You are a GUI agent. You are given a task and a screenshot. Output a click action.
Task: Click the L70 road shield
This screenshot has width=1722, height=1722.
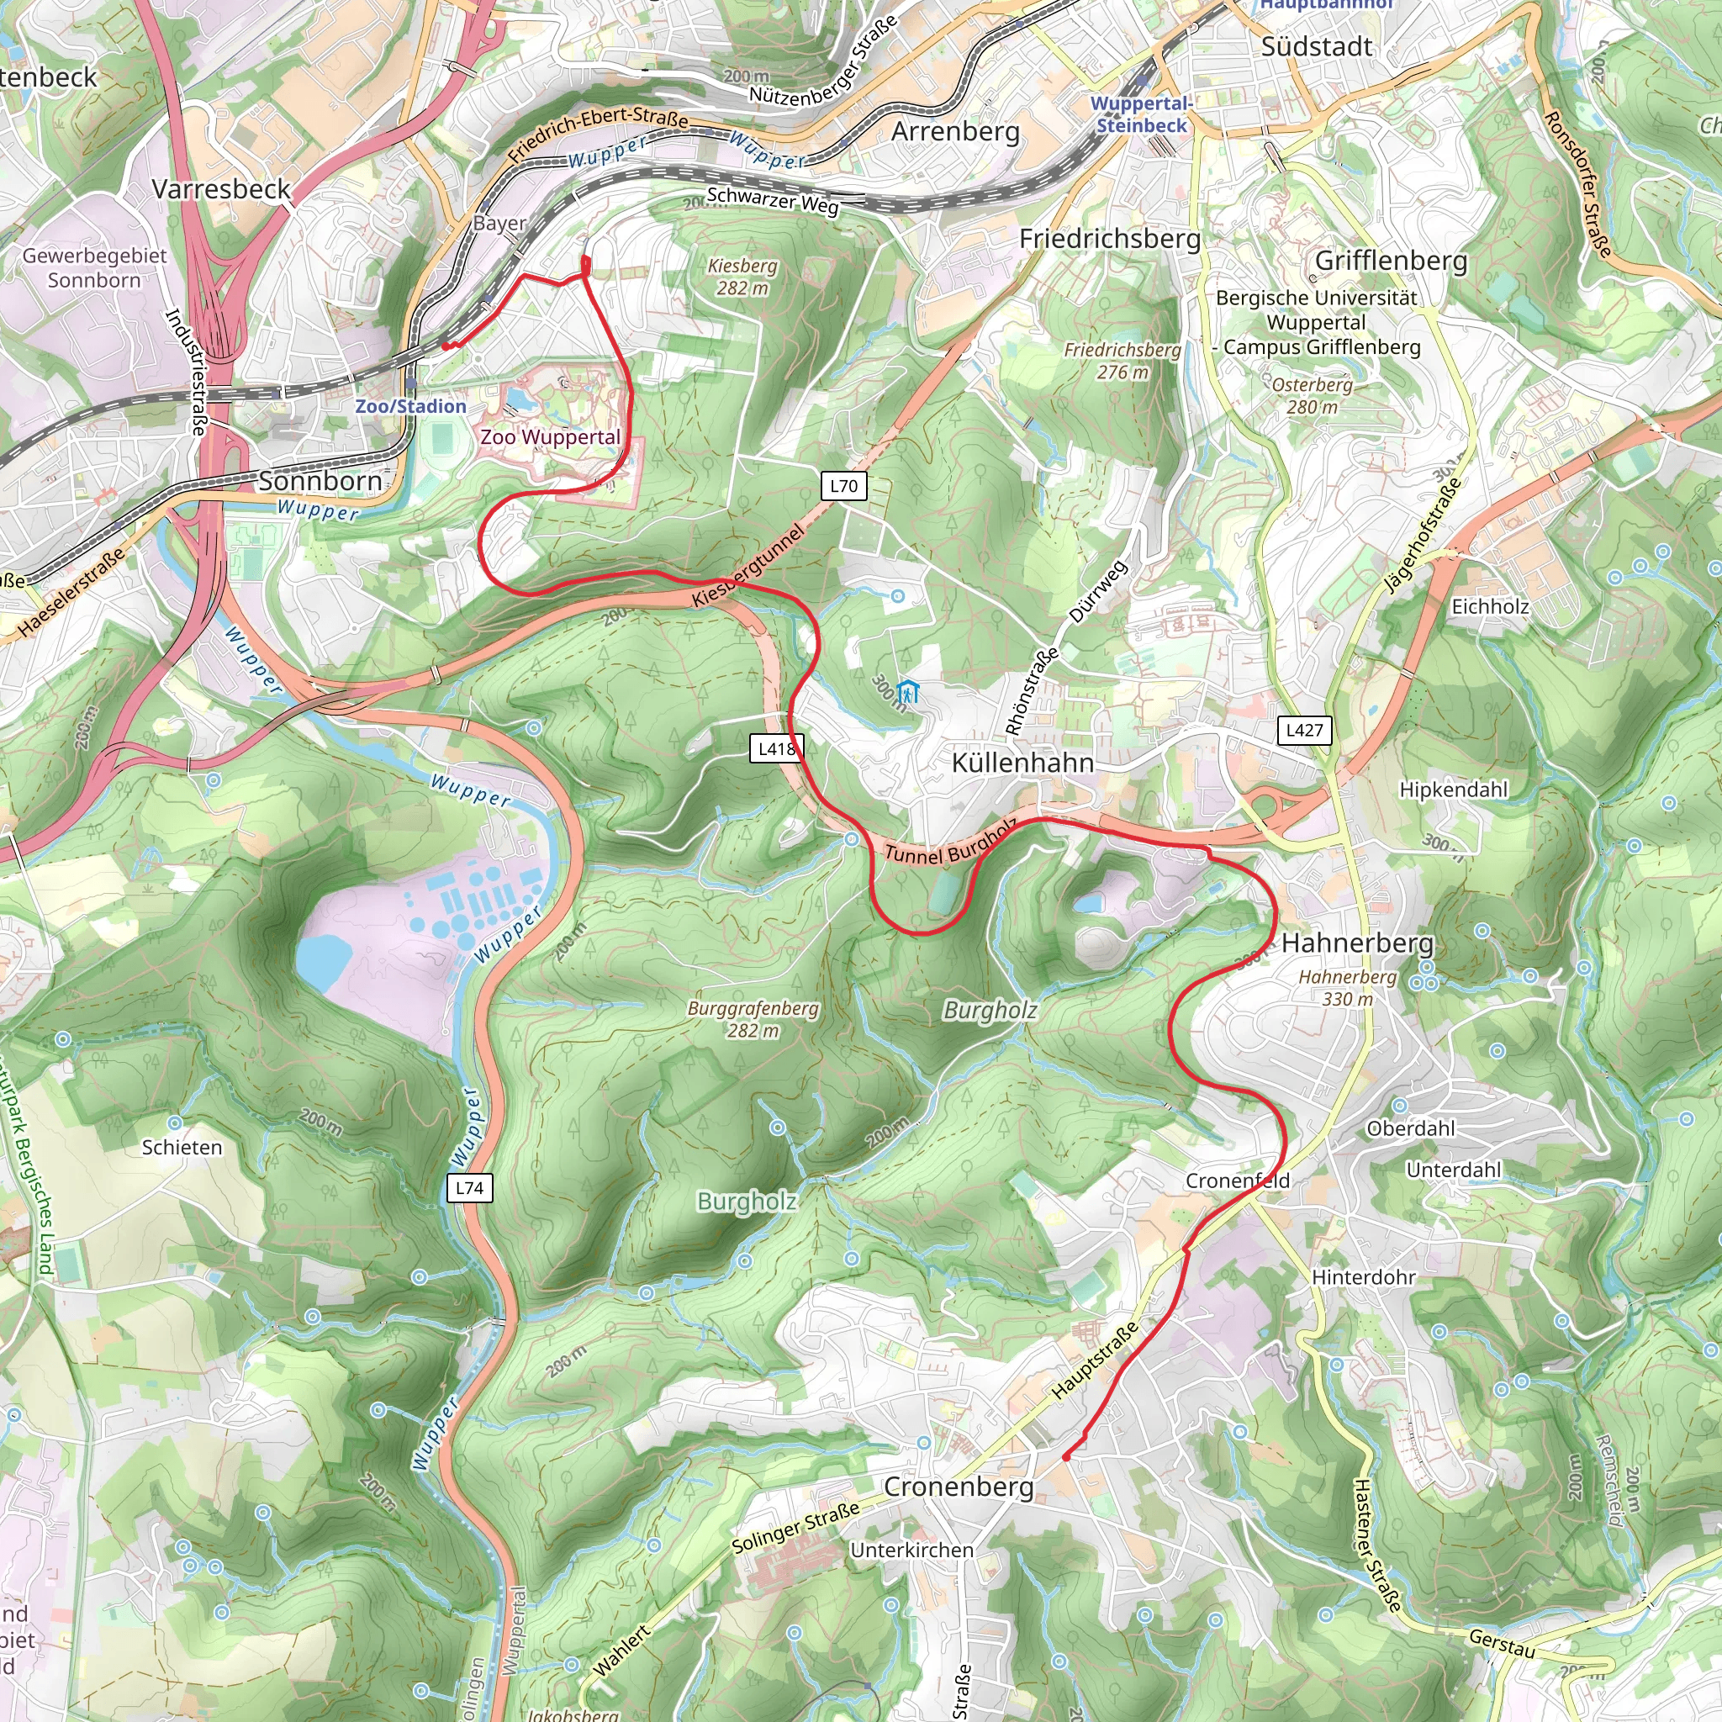[843, 486]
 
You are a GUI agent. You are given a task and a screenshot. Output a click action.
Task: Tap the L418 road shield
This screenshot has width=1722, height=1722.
[776, 748]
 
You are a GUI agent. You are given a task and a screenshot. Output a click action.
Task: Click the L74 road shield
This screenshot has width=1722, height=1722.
[469, 1188]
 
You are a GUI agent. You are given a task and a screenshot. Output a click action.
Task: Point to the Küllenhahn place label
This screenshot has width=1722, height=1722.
[1022, 763]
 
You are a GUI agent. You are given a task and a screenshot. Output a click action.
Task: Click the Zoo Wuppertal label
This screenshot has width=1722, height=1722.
[550, 437]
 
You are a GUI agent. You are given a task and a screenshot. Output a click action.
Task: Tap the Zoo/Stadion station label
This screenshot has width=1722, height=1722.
[411, 406]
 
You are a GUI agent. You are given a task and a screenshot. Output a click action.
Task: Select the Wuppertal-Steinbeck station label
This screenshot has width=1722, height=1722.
[1141, 114]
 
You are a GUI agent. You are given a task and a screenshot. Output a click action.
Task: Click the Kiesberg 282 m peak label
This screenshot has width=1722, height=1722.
[742, 277]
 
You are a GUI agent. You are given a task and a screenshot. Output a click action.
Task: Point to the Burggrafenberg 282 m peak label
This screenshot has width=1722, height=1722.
[753, 1020]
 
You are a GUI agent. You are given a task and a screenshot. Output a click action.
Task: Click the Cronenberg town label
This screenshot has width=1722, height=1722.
[959, 1487]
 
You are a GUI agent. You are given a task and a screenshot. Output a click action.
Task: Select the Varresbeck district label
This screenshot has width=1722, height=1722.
[221, 189]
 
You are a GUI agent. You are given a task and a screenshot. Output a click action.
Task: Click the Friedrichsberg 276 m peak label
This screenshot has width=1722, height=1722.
[1122, 361]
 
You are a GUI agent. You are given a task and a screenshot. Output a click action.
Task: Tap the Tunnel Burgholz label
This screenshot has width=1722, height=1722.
[950, 843]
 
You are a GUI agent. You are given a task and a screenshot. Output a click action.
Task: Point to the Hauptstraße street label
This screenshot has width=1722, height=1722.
[1095, 1360]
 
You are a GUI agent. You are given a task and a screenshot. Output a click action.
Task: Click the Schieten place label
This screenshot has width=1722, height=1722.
[182, 1148]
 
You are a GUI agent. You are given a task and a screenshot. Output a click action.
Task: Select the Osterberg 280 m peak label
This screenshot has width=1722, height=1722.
[1312, 396]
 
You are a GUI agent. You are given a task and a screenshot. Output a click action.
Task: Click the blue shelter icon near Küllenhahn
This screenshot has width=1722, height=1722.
[907, 691]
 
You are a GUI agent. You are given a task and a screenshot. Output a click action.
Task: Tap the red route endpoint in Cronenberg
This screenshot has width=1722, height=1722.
[1066, 1456]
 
